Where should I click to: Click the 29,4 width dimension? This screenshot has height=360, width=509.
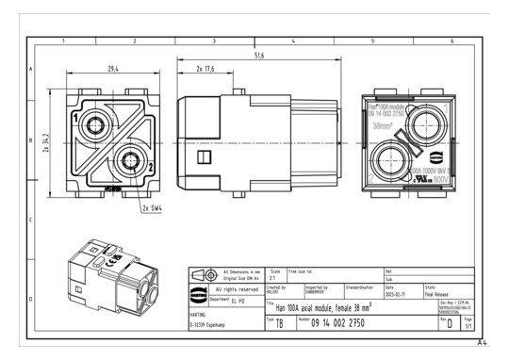click(x=112, y=69)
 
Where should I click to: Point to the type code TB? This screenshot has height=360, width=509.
click(x=278, y=323)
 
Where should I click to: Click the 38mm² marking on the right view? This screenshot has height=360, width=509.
click(x=385, y=123)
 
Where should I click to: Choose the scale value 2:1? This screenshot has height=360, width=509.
click(x=274, y=279)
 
